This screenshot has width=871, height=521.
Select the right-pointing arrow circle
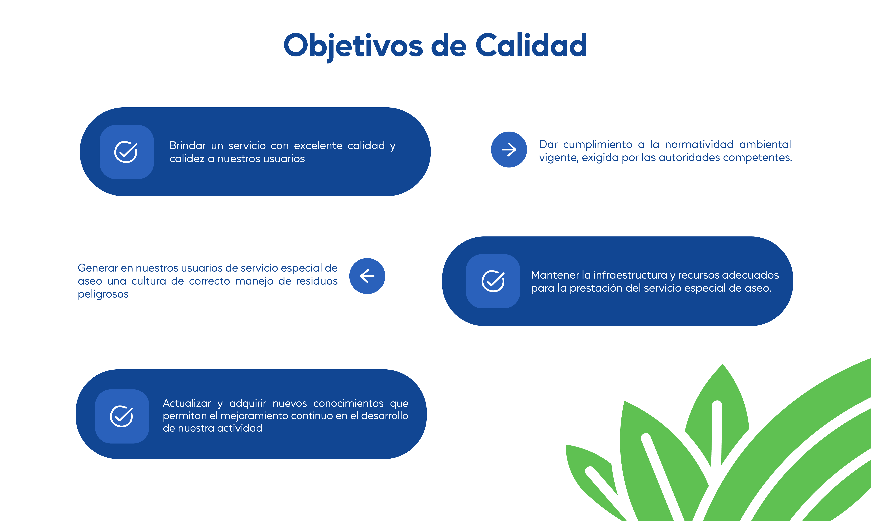coord(509,150)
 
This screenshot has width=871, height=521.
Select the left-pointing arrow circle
coord(367,276)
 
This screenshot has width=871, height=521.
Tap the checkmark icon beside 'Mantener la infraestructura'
coord(493,281)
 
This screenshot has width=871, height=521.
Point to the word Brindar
coord(188,145)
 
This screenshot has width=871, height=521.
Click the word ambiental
coord(765,144)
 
